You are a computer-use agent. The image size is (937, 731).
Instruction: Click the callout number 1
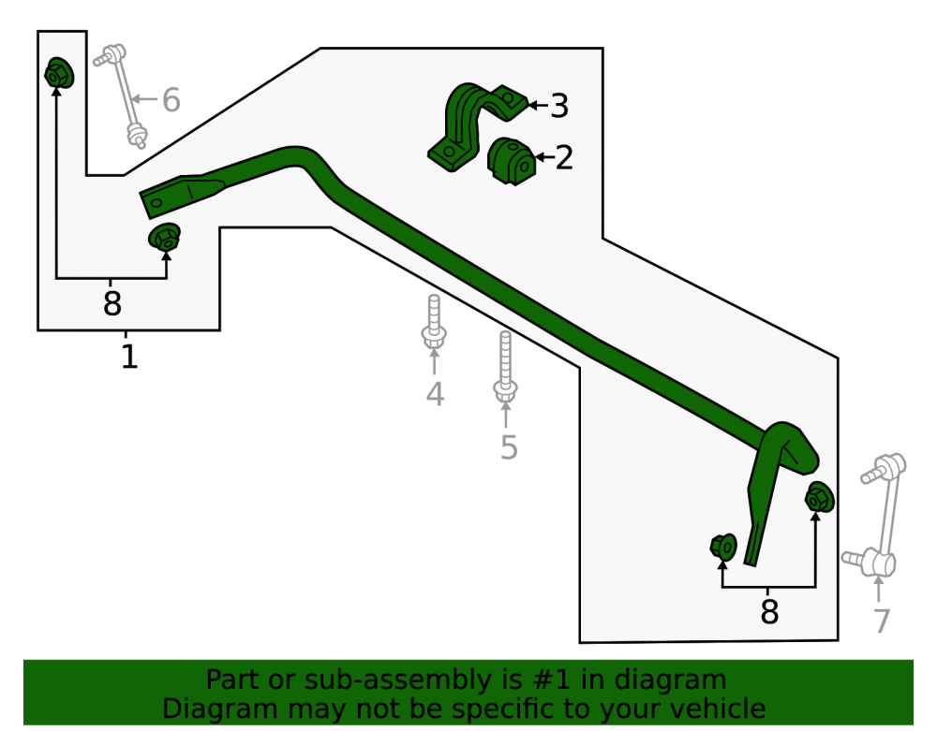(x=129, y=357)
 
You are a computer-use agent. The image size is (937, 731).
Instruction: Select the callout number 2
(x=564, y=157)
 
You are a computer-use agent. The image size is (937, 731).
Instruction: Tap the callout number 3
(x=558, y=106)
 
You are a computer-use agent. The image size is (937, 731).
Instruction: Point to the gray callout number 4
(x=435, y=394)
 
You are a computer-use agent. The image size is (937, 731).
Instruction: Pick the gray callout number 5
(x=509, y=447)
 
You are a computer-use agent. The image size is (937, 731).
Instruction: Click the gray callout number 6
(x=171, y=99)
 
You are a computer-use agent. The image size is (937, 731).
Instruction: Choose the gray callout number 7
(x=882, y=621)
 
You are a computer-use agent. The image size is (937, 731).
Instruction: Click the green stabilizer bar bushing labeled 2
(x=511, y=161)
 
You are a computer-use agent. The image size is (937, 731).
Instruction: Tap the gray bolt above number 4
(x=434, y=322)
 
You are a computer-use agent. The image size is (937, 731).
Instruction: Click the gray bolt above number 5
(x=506, y=366)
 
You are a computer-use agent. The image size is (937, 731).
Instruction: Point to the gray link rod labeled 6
(x=121, y=95)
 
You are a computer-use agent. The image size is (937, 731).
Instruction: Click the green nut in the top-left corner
(x=59, y=73)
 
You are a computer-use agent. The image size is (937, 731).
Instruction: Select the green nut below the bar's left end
(x=165, y=237)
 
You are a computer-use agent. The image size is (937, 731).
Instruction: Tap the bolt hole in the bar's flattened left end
(x=156, y=203)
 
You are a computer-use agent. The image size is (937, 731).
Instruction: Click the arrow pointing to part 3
(x=538, y=106)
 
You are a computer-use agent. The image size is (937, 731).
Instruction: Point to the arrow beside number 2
(x=544, y=157)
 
